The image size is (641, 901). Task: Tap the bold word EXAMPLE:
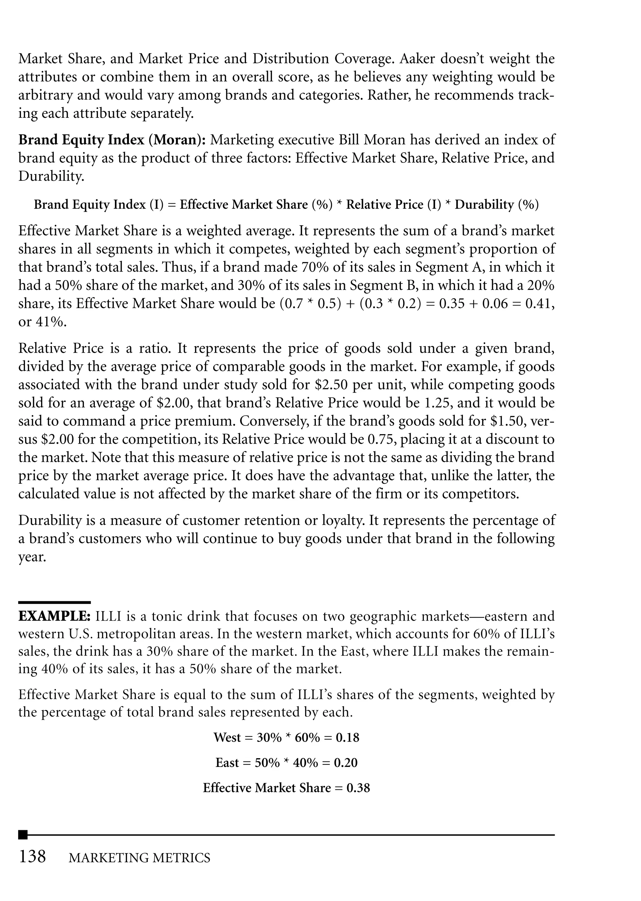coord(55,616)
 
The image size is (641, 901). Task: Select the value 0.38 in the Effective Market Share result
coord(358,788)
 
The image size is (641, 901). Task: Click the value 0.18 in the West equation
coord(347,737)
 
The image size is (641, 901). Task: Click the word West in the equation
coord(227,737)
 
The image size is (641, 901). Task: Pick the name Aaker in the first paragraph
coord(416,59)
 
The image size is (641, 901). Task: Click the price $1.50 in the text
coord(507,421)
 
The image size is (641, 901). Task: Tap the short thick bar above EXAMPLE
coord(54,602)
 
